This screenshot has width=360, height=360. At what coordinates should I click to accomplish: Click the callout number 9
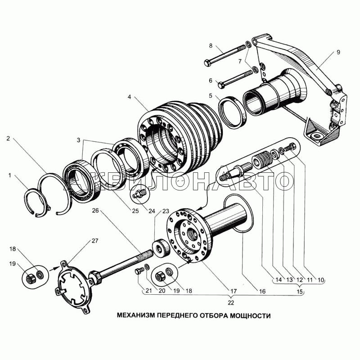click(x=338, y=52)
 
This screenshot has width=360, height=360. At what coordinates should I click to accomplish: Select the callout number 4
click(x=130, y=97)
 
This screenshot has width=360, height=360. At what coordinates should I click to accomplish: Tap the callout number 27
click(x=95, y=241)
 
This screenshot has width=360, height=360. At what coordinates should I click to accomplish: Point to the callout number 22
click(x=231, y=302)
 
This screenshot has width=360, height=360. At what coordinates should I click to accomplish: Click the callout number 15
click(x=300, y=292)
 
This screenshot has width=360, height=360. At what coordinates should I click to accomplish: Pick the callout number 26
click(x=95, y=211)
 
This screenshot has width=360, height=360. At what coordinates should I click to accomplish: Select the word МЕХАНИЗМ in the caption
click(x=136, y=316)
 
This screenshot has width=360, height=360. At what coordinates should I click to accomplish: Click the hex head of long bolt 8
click(x=207, y=63)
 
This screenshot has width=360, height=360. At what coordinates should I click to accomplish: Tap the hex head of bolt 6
click(x=221, y=85)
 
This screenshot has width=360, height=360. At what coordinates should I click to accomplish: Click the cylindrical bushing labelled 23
click(x=161, y=247)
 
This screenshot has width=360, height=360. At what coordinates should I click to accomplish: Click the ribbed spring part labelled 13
click(x=262, y=160)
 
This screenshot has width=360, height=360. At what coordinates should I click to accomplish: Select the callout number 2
click(x=8, y=139)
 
